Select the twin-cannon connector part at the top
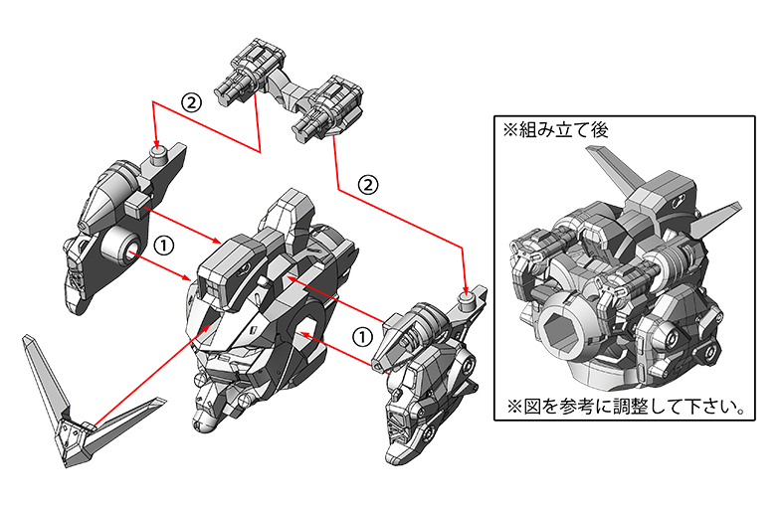[290, 89]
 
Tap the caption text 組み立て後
[563, 130]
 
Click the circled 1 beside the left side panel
[164, 245]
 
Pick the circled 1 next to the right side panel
[362, 336]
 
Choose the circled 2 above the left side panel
[191, 102]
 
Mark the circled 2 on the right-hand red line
[368, 185]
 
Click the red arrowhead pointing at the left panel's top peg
[157, 142]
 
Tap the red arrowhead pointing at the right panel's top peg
[466, 289]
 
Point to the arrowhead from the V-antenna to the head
[211, 327]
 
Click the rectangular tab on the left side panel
[136, 205]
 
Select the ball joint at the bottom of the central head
[204, 422]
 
